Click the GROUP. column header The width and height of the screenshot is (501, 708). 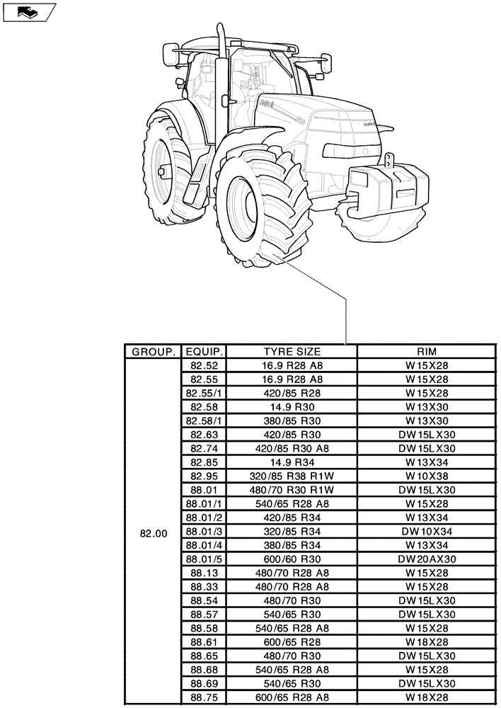[151, 352]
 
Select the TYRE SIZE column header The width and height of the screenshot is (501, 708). [292, 352]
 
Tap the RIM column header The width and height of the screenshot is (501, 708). [427, 352]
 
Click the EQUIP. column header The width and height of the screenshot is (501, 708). [205, 352]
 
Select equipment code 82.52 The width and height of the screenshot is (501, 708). [205, 366]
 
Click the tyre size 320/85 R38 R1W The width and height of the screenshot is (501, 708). [292, 476]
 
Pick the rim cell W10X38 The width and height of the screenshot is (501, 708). [427, 476]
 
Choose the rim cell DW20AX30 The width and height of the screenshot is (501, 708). [427, 559]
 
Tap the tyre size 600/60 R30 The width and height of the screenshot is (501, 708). [292, 559]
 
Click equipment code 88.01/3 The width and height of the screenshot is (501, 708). [205, 531]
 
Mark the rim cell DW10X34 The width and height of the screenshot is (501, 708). [427, 531]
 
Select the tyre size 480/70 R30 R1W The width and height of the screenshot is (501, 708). [292, 490]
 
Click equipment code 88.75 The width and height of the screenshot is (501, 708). [205, 697]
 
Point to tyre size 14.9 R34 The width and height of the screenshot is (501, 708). [292, 462]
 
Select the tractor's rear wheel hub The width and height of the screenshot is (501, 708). [163, 171]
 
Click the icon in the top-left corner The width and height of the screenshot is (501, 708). [28, 12]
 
